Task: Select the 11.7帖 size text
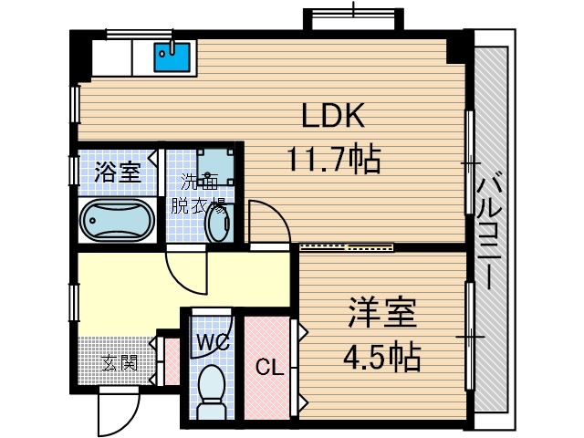point(334,162)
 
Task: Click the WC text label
point(212,343)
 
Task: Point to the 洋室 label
point(381,313)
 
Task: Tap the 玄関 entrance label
point(119,362)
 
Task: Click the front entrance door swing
point(117,412)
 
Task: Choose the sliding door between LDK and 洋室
point(347,245)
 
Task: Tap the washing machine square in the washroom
point(215,165)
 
